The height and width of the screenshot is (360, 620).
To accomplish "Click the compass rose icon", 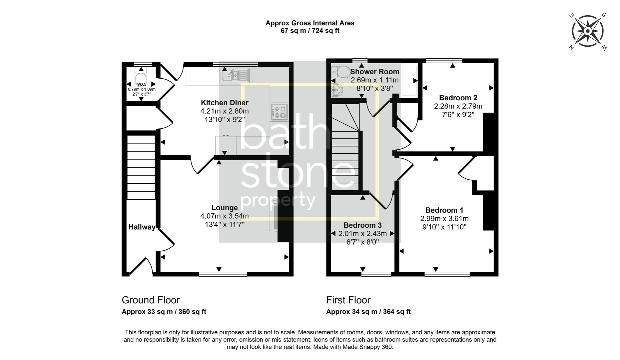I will (588, 31).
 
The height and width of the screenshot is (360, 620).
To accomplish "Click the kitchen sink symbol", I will (235, 75).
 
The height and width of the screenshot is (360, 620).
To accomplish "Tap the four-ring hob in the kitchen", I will (280, 112).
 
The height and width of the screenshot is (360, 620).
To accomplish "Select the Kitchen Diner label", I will (225, 103).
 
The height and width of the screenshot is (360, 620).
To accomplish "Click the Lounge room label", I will (225, 208).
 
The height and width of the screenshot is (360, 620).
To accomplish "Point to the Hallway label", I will (142, 227).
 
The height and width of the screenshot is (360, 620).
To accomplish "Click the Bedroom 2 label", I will (458, 98).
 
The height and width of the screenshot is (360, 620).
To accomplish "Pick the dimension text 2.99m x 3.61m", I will (444, 219).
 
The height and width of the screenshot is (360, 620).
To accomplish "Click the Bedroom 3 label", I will (362, 225).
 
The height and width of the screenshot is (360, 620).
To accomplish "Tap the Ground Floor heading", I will (151, 300).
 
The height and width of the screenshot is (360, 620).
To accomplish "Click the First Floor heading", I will (348, 300).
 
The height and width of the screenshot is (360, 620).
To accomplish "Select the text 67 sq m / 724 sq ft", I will (310, 31).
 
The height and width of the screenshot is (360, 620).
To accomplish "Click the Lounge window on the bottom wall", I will (223, 274).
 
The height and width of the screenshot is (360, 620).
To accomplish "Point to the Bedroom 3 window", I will (376, 274).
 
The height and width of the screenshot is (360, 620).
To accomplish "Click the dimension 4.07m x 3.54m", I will (225, 216).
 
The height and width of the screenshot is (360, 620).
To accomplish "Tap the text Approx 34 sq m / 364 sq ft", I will (368, 312).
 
